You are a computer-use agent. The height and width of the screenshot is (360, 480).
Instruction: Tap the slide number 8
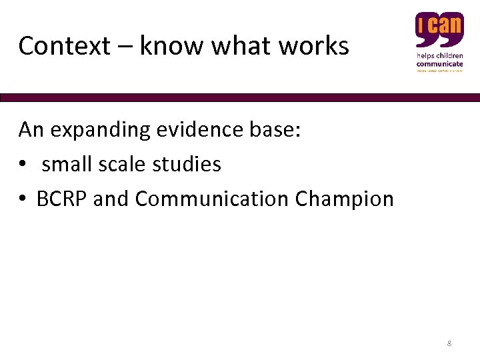(x=449, y=343)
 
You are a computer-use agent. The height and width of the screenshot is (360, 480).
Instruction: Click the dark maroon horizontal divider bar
(x=240, y=97)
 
